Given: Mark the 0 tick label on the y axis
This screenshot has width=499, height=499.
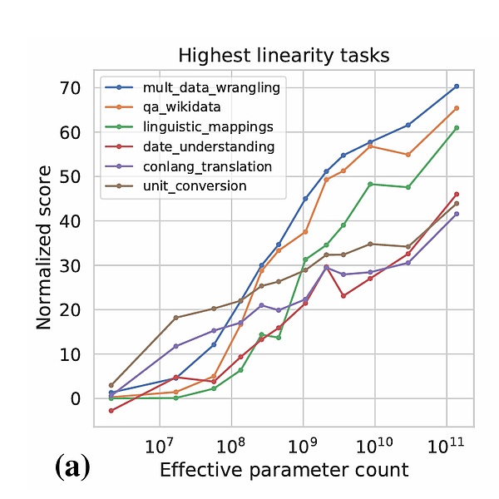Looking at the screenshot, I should (75, 398).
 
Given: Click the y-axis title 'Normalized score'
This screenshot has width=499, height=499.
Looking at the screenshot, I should (44, 247).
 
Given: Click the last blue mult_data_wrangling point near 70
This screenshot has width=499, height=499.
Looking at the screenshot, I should (457, 86).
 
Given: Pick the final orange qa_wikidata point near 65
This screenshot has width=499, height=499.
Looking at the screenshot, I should (457, 108).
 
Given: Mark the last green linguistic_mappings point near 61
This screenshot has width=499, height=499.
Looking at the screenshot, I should (457, 128).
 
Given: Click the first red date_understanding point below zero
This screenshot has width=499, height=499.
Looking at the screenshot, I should (111, 411).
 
